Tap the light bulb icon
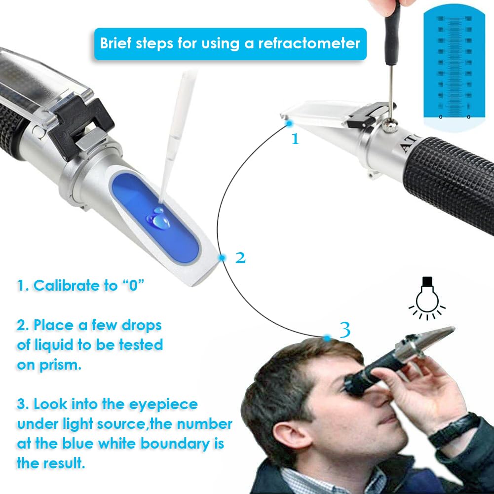427,298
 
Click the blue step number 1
295,139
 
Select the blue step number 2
240,257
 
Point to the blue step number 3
345,329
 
